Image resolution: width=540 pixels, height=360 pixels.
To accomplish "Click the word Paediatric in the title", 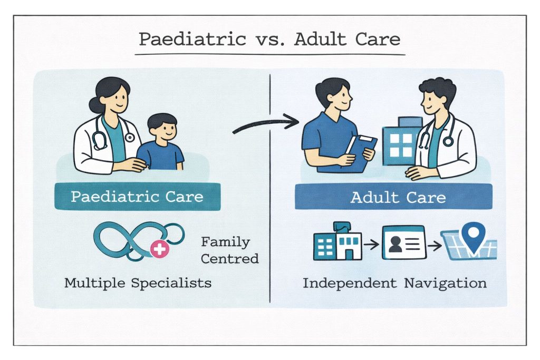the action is tap(192, 39).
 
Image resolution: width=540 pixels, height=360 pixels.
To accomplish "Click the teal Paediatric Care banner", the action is tap(138, 197).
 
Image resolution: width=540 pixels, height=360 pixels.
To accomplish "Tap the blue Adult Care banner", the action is tap(393, 197).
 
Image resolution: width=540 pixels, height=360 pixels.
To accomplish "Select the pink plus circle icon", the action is tap(159, 249).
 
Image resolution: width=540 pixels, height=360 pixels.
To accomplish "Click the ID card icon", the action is tap(404, 242).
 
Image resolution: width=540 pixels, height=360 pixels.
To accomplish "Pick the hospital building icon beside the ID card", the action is tap(337, 241).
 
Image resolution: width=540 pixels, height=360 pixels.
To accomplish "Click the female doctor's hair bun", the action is tap(95, 105).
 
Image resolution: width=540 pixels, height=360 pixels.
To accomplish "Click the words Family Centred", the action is tap(229, 250).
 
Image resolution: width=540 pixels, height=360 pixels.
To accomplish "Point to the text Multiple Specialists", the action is tap(138, 283).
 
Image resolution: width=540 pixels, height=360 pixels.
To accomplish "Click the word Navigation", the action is tap(445, 284).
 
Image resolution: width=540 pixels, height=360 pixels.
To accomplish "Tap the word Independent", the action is tap(350, 283).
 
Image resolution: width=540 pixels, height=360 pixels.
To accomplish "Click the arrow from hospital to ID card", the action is tap(371, 245).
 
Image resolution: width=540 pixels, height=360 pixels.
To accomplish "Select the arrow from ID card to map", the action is tap(435, 246).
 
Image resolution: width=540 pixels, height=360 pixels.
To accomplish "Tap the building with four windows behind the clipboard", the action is tap(401, 141).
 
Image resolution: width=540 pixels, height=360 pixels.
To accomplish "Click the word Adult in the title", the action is tap(320, 39).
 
